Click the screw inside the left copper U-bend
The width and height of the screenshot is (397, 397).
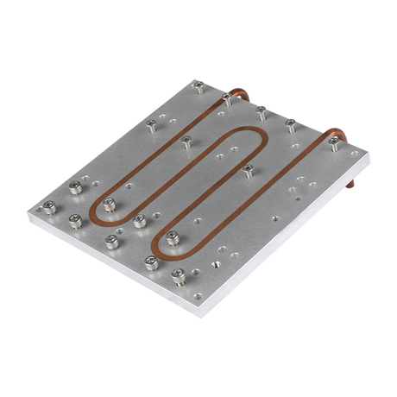pos(109,205)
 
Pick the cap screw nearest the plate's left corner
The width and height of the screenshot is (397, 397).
pos(49,207)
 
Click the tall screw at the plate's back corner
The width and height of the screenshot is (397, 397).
pos(198,86)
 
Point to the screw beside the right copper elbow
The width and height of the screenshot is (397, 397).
pos(333,142)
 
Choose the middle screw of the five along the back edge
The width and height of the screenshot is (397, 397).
pos(261,111)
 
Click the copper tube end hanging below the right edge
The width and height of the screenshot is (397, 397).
pos(352,182)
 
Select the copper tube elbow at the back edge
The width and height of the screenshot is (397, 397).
pos(240,93)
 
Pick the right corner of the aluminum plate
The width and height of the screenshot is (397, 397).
pos(369,158)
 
